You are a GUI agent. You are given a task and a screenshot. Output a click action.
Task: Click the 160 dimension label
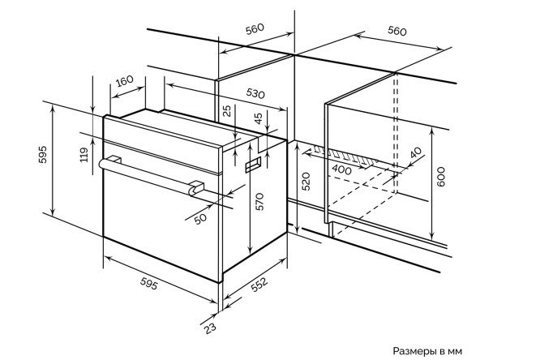pos(124,81)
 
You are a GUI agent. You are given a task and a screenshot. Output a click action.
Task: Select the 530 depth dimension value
pos(255,93)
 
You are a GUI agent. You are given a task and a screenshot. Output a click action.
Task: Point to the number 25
pos(227,111)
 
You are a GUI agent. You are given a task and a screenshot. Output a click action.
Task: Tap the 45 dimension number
pos(259,118)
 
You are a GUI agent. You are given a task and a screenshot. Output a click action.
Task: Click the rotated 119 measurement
pos(84,155)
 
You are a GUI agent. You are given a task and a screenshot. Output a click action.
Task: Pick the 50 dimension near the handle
pos(200,218)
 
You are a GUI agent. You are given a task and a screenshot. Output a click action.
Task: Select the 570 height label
pos(259,202)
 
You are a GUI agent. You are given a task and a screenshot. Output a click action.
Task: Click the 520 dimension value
pos(306,181)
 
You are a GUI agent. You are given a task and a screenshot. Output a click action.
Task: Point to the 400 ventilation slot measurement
pos(342,169)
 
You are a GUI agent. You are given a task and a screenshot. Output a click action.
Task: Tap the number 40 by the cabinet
pos(416,152)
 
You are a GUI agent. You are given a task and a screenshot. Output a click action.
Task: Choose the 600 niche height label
pos(441,177)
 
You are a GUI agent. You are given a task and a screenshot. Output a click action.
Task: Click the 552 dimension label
pos(259,285)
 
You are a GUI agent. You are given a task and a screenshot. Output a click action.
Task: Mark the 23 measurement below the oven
pos(210,328)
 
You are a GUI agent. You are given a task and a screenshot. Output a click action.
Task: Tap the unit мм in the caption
pos(455,352)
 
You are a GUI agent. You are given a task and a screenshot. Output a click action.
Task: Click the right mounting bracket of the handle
pos(197,188)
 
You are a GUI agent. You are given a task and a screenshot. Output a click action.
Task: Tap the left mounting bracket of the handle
pos(114,160)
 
